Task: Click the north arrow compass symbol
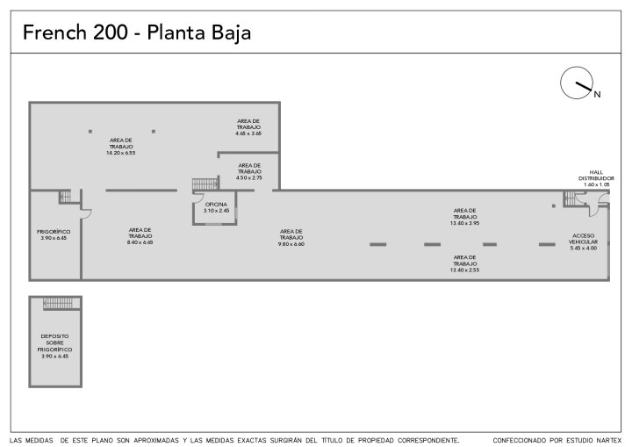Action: click(575, 83)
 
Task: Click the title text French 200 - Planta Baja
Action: click(137, 33)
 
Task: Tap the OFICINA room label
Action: click(216, 205)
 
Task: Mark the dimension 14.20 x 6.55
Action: click(121, 153)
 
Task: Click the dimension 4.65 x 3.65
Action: click(248, 133)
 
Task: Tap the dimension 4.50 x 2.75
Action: click(249, 178)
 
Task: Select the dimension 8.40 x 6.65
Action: click(140, 242)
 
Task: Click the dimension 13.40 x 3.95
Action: click(464, 222)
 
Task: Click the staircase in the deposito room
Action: click(54, 303)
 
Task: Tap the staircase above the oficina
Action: click(204, 184)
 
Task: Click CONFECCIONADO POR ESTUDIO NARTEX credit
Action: click(557, 439)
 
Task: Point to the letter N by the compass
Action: click(596, 94)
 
